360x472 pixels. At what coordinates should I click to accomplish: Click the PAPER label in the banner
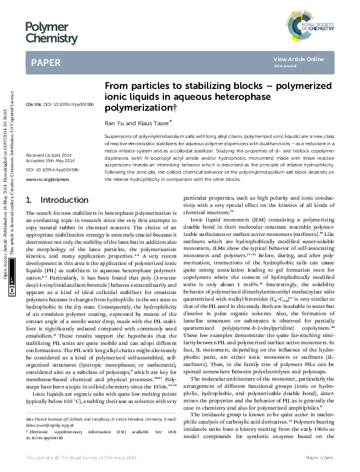pos(45,62)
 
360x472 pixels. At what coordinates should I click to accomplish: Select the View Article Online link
pos(298,59)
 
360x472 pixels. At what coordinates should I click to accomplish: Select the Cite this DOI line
pos(60,104)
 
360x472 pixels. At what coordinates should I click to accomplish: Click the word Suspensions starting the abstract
pos(119,138)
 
